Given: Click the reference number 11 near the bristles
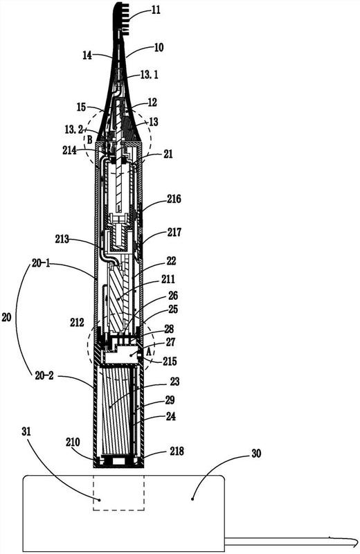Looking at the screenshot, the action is pyautogui.click(x=156, y=10).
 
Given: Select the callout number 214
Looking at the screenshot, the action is pyautogui.click(x=70, y=150).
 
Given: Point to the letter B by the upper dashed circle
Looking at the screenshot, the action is pyautogui.click(x=90, y=140).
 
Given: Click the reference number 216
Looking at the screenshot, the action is pyautogui.click(x=174, y=199).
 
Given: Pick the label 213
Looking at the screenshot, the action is pyautogui.click(x=62, y=239).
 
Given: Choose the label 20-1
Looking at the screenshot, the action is pyautogui.click(x=42, y=264).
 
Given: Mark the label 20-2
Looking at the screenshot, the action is pyautogui.click(x=44, y=376).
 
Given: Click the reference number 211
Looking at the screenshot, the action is pyautogui.click(x=168, y=279).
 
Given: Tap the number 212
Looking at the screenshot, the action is pyautogui.click(x=77, y=322).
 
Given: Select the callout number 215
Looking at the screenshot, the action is pyautogui.click(x=170, y=361).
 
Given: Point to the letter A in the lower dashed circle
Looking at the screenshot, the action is pyautogui.click(x=149, y=352).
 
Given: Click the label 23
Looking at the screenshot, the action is pyautogui.click(x=174, y=382).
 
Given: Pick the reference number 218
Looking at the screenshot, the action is pyautogui.click(x=177, y=452).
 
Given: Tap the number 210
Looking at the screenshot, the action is pyautogui.click(x=73, y=442).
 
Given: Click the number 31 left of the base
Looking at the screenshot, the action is pyautogui.click(x=26, y=431).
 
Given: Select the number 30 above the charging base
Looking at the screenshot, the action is pyautogui.click(x=256, y=454).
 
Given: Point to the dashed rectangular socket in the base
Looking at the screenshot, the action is pyautogui.click(x=118, y=492).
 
